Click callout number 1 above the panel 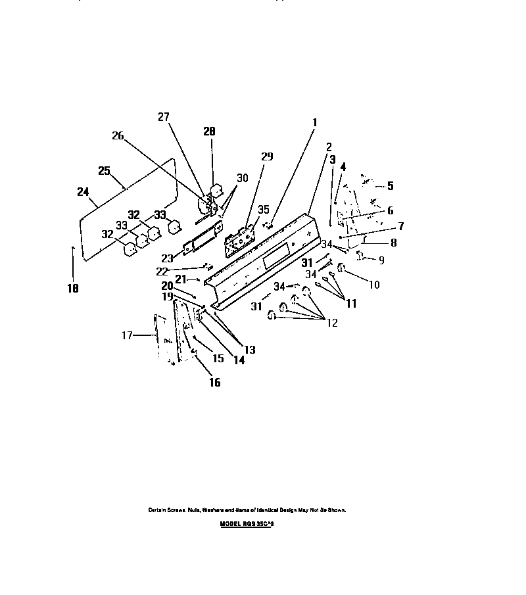point(314,122)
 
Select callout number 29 point(266,156)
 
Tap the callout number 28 point(209,131)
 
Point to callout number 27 point(163,118)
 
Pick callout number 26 point(118,136)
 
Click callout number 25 point(104,170)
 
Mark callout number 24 point(82,192)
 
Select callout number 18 point(73,288)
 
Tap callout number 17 point(127,335)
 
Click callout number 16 point(214,382)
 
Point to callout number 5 point(390,186)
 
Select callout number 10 point(374,285)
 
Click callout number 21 point(181,279)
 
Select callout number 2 point(329,147)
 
